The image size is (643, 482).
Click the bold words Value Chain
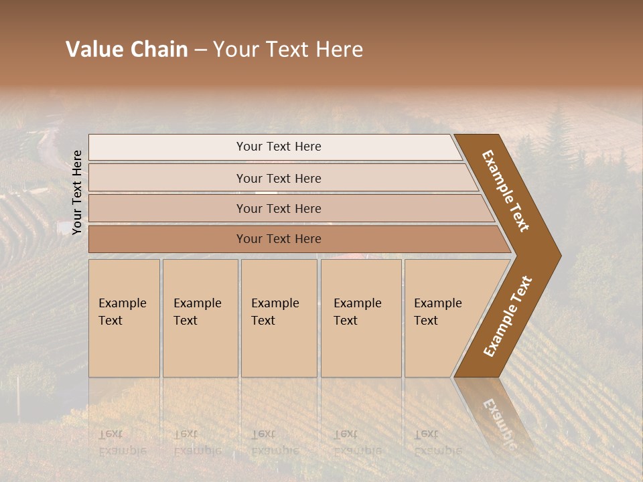click(x=127, y=50)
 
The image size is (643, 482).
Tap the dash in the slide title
click(x=200, y=50)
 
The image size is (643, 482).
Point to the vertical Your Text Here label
click(x=77, y=192)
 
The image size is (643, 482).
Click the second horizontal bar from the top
click(x=279, y=178)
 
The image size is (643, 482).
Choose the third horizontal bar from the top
click(x=279, y=208)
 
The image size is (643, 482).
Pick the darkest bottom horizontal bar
click(x=279, y=239)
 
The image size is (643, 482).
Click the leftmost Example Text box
click(x=124, y=318)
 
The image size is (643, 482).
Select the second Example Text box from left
click(x=200, y=318)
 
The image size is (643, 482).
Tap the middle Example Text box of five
click(x=278, y=318)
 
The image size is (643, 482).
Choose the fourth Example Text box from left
click(x=360, y=318)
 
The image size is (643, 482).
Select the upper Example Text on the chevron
click(x=506, y=191)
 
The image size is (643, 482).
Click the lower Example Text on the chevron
click(x=507, y=317)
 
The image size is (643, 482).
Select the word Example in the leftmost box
click(x=122, y=303)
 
